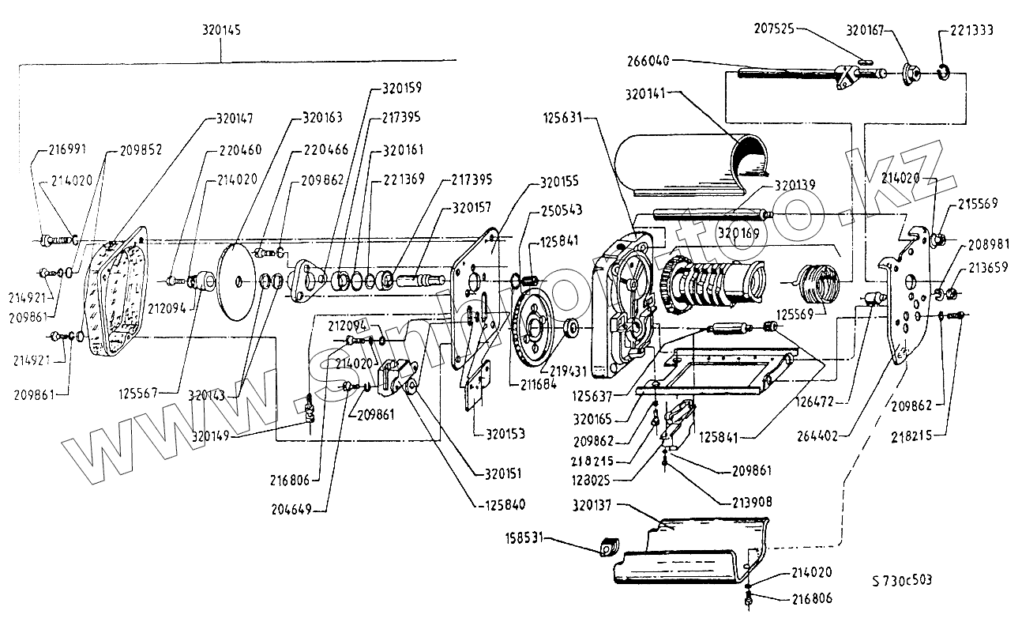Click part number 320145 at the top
221,30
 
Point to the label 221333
966,31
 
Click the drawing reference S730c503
902,580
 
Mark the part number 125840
505,503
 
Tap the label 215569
979,203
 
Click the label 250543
562,211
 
